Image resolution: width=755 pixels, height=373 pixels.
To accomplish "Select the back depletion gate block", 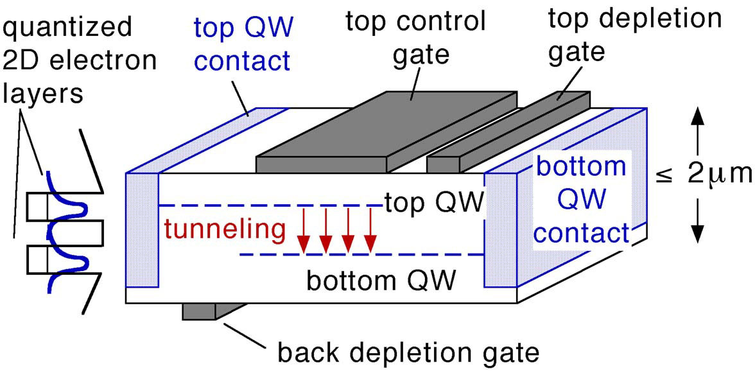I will point(205,311).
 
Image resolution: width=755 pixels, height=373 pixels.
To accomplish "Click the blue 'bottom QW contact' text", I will point(582,200).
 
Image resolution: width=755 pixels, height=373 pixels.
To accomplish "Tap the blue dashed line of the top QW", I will point(270,205).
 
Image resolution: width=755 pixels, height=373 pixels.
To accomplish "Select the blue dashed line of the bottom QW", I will point(360,255).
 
